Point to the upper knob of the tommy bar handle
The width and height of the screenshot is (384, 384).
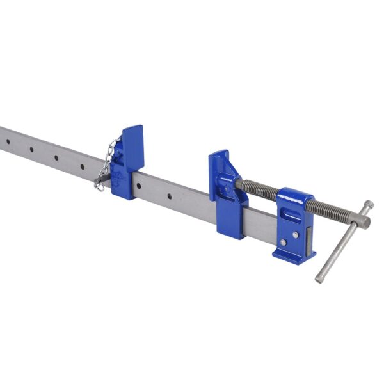point(369,205)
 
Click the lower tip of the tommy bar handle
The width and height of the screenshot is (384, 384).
point(319,278)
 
